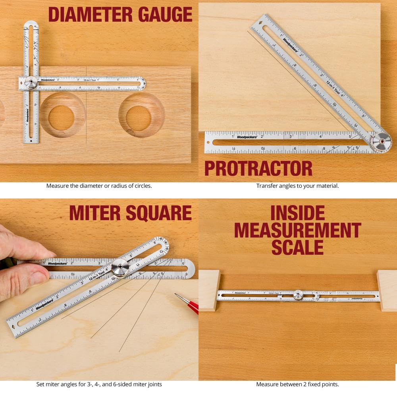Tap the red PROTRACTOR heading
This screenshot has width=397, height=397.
click(x=258, y=168)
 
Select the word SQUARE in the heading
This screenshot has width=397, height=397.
click(x=159, y=213)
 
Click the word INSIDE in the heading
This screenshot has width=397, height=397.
click(x=297, y=213)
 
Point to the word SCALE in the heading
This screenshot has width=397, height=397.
click(x=297, y=247)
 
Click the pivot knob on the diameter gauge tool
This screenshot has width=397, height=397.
click(x=31, y=83)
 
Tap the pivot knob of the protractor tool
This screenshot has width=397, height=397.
click(x=380, y=142)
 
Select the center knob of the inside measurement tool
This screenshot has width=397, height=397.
click(x=298, y=295)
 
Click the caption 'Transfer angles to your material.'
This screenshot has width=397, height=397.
click(x=297, y=186)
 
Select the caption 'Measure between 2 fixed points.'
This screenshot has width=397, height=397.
click(x=297, y=384)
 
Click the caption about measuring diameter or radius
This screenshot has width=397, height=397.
click(x=99, y=186)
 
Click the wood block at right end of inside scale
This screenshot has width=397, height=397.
click(x=387, y=290)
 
